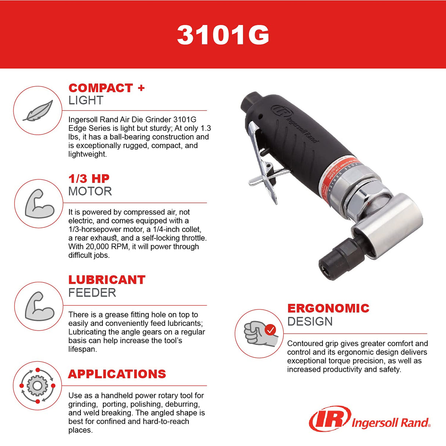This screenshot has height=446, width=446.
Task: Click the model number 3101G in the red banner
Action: tap(223, 35)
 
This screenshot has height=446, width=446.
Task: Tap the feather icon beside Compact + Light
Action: tap(38, 111)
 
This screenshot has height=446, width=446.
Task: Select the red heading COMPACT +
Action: tap(100, 88)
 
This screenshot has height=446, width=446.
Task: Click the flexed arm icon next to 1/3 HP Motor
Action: tap(39, 204)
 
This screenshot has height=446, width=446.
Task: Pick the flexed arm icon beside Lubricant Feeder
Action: tap(39, 306)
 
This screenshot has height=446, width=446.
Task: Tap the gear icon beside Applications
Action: tap(37, 386)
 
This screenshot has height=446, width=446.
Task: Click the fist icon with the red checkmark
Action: tap(259, 334)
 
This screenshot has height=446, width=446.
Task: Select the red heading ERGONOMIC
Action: tap(328, 308)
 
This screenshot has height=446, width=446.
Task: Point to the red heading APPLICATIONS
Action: tap(117, 374)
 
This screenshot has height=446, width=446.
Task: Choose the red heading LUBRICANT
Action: tap(107, 280)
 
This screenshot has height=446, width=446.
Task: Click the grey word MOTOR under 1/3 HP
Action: tap(90, 191)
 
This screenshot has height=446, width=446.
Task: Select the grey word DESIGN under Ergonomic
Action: tap(310, 321)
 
